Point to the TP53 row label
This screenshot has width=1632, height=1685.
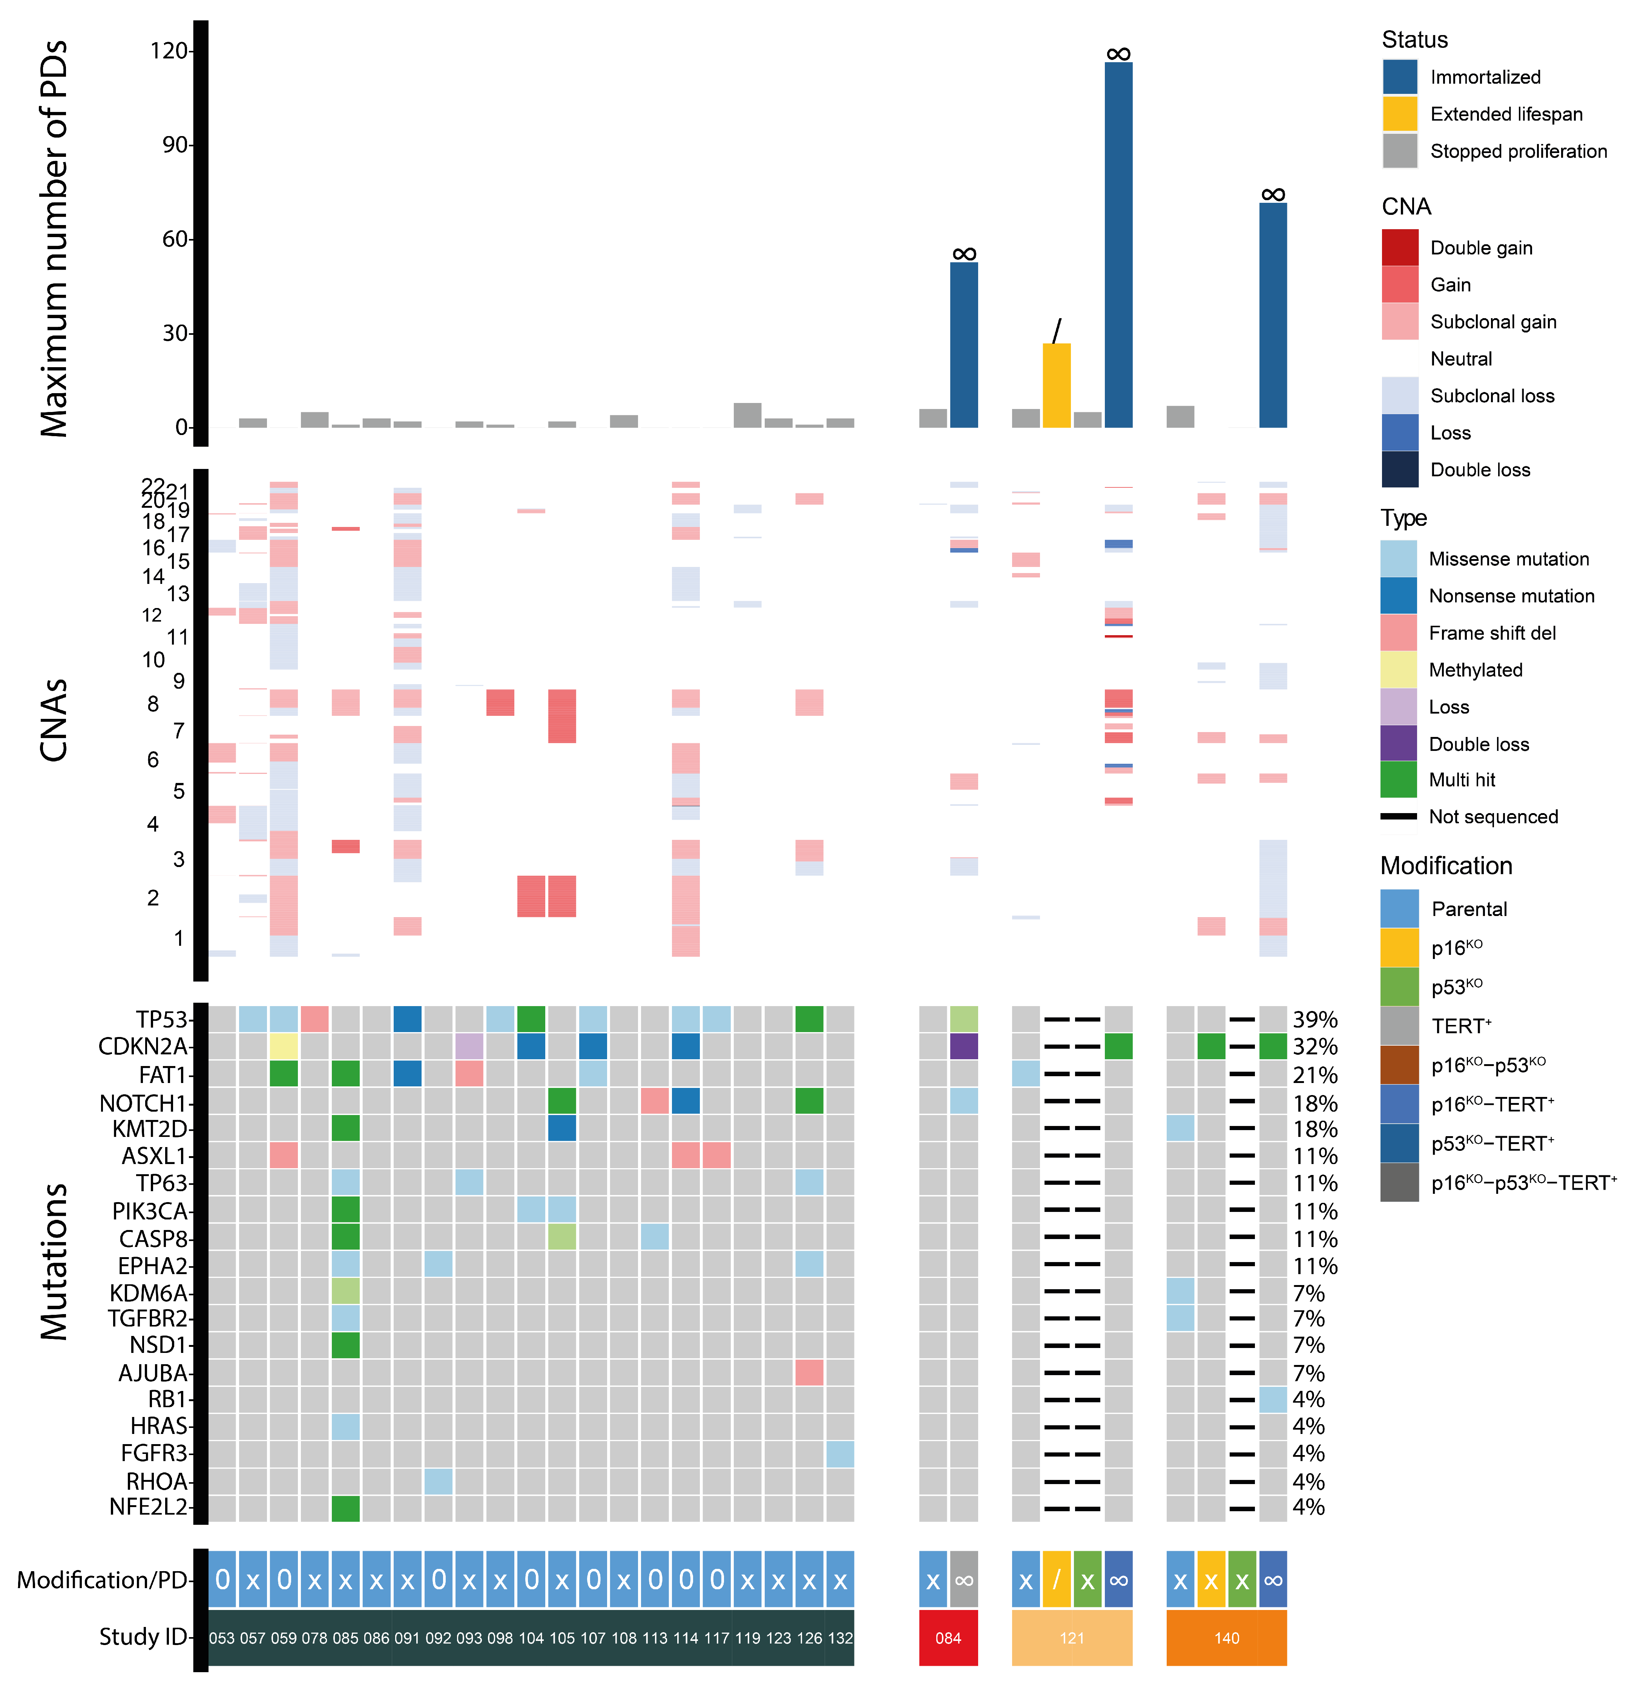point(161,1020)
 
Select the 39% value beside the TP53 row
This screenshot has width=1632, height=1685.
point(1315,1020)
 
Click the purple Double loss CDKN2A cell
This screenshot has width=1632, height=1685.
point(964,1046)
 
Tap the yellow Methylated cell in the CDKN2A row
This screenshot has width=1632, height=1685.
point(284,1046)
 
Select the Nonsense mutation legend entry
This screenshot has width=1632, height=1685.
point(1511,596)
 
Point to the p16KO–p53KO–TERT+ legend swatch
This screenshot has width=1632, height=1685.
point(1399,1183)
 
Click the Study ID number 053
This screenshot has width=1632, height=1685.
point(222,1638)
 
